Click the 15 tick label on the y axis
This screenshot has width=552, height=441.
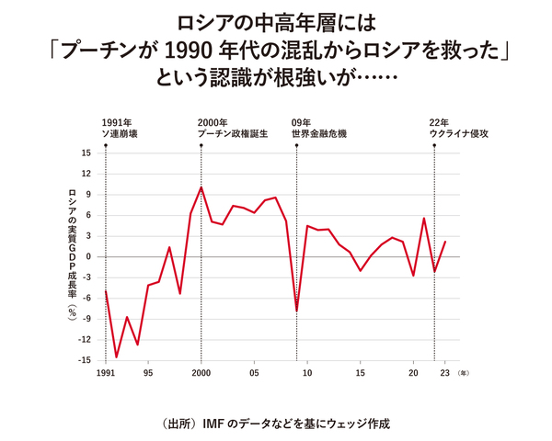[86, 153]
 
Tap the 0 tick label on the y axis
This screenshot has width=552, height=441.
[87, 256]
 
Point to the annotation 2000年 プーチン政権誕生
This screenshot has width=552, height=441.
[234, 128]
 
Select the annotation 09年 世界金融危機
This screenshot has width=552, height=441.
[318, 128]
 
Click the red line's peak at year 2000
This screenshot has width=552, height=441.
[201, 187]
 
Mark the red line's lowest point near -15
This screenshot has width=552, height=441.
[117, 357]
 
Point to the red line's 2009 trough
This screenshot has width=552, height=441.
[296, 311]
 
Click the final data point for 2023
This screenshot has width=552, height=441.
[444, 242]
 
